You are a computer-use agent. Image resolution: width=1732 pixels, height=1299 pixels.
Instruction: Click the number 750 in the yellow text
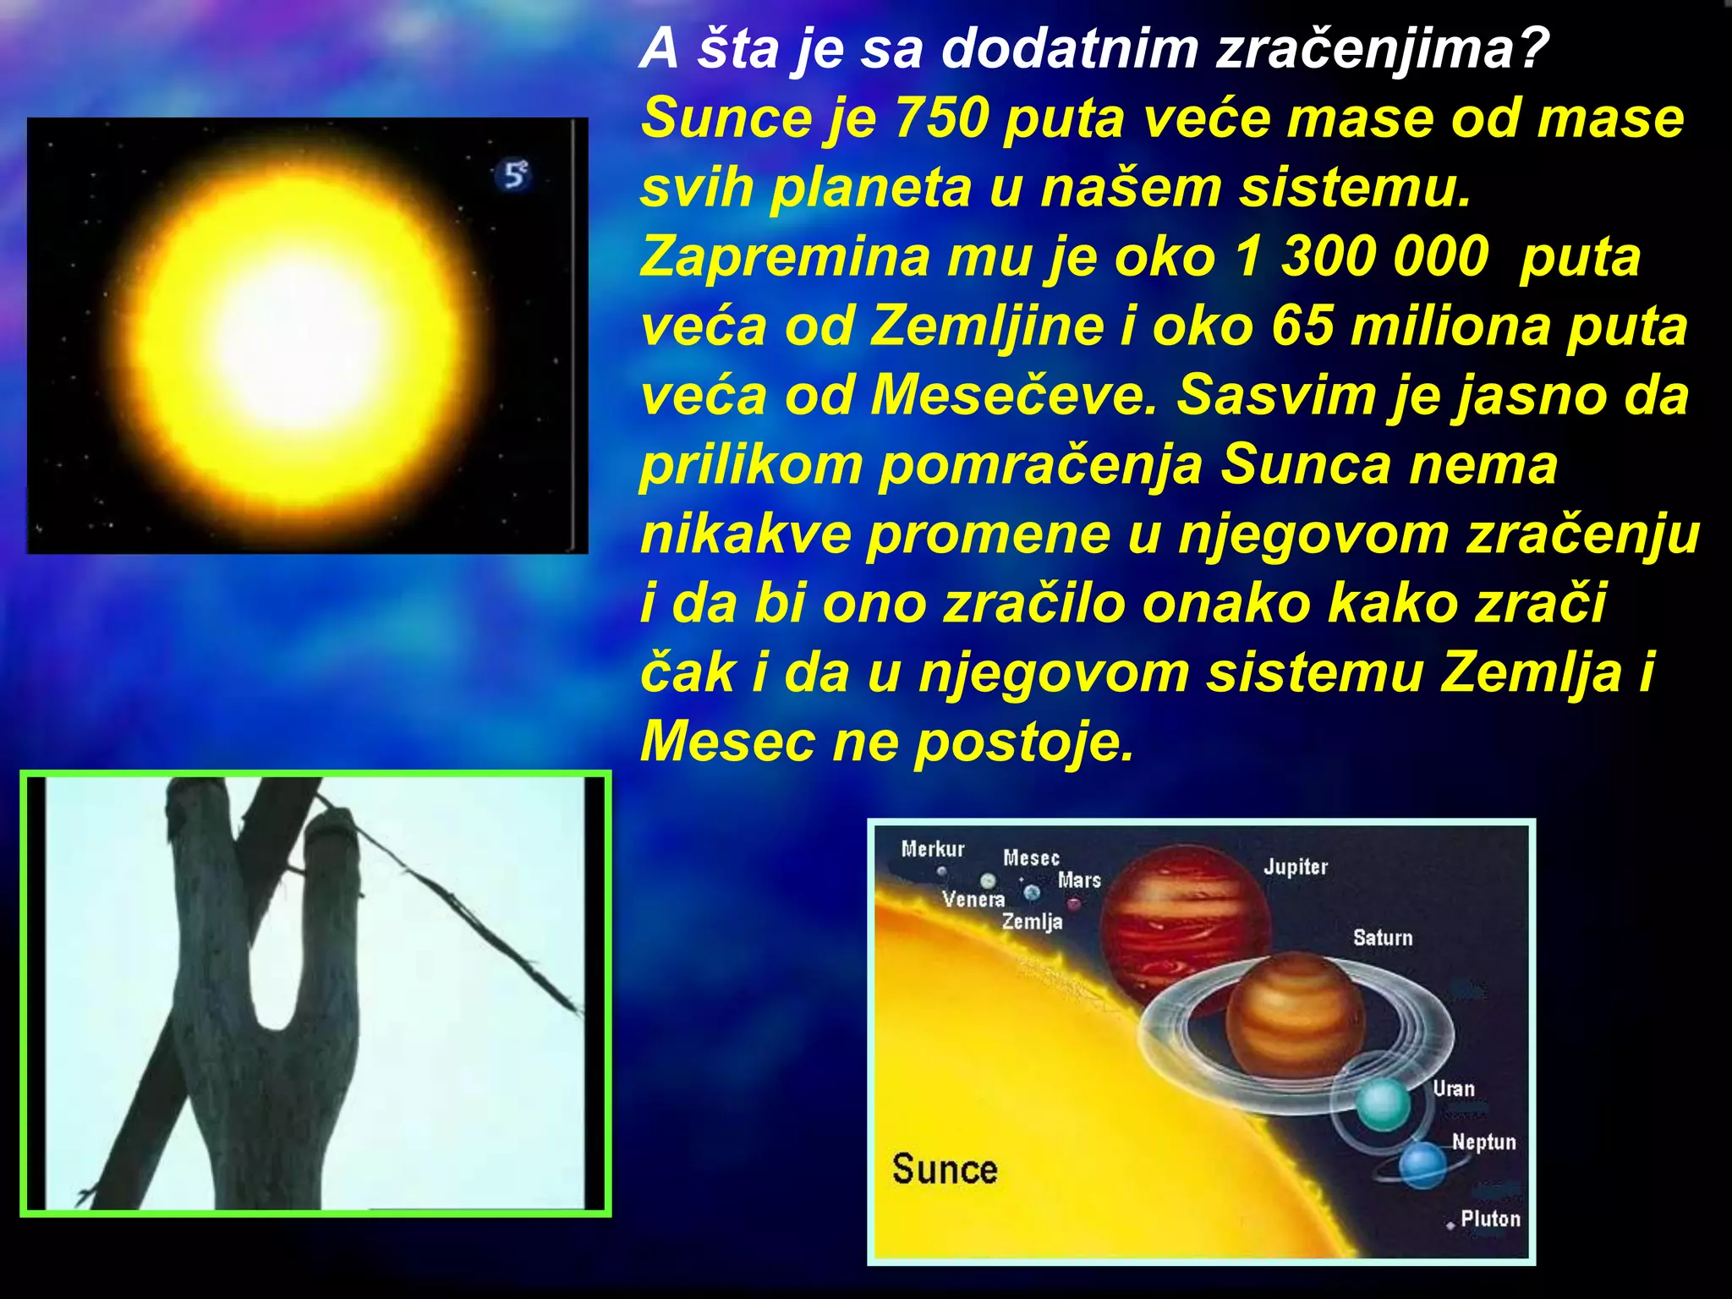[940, 118]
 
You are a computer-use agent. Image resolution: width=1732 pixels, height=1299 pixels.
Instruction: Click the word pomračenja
[1040, 465]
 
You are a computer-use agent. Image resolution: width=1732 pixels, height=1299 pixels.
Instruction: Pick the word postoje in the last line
[1023, 743]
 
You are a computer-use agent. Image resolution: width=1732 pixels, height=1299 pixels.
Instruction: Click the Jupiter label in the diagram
[1296, 867]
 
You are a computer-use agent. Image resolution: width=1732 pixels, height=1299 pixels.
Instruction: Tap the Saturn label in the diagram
[1383, 938]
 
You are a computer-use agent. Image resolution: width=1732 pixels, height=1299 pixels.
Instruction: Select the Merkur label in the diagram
[933, 849]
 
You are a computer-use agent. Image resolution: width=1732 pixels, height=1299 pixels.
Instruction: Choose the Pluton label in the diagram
[1490, 1219]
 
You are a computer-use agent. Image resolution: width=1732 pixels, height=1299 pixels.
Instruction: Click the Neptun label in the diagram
[1484, 1143]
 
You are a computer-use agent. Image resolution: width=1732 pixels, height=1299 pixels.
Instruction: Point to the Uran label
[1454, 1089]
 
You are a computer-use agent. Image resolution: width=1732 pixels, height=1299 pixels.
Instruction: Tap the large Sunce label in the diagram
[945, 1170]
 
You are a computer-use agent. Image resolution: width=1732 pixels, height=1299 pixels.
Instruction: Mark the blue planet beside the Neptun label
[1422, 1165]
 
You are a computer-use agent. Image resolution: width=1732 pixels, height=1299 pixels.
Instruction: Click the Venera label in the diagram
[973, 899]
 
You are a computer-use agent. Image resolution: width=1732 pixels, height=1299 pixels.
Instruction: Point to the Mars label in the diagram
[1079, 880]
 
